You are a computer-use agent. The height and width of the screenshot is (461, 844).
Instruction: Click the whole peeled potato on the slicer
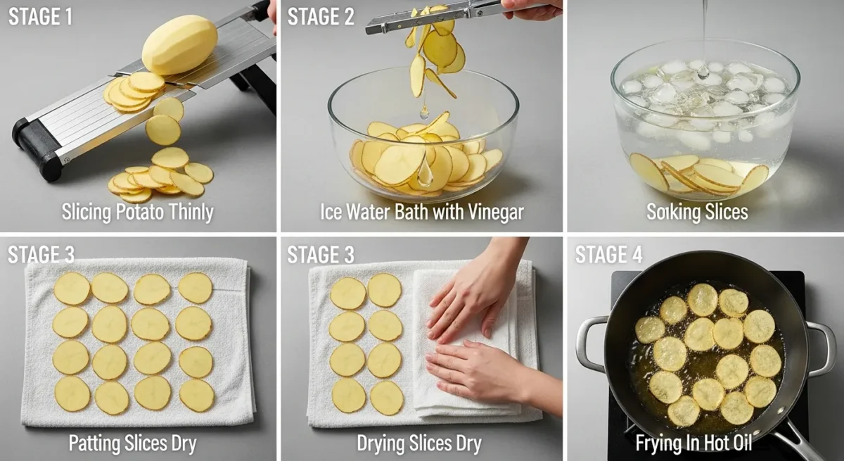[180, 44]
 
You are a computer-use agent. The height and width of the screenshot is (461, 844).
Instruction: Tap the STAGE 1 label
[40, 17]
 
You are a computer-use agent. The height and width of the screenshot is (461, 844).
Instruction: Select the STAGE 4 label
[608, 255]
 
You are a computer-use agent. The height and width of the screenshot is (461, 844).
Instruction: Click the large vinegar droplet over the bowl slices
[425, 172]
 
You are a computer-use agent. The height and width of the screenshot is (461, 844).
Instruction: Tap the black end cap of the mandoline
[36, 149]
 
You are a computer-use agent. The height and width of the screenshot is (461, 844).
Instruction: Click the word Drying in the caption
[381, 443]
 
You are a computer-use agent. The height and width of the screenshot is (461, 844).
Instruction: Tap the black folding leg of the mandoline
[253, 89]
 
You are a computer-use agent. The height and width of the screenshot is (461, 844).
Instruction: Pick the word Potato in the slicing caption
[140, 212]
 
